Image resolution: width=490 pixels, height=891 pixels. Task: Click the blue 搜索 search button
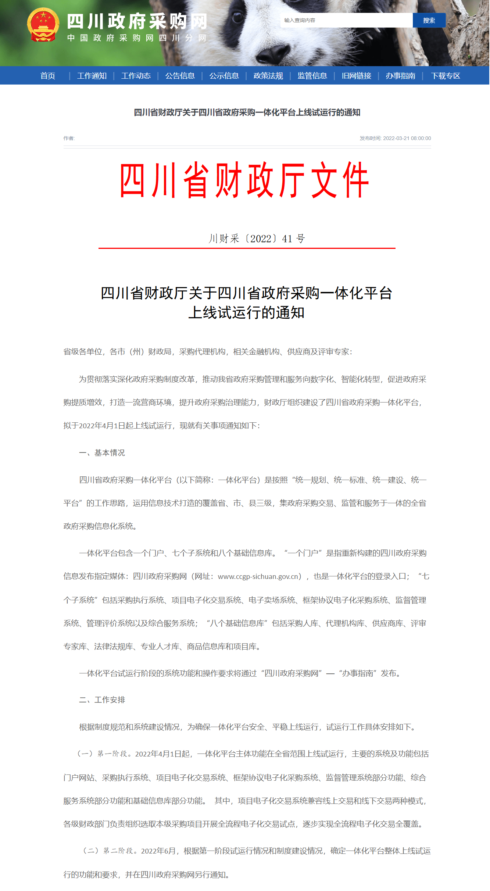point(429,21)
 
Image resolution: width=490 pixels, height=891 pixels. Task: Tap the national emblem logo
point(43,25)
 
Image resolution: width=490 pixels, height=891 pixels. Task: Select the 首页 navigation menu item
point(48,76)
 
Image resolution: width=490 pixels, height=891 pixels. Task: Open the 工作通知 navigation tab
point(92,76)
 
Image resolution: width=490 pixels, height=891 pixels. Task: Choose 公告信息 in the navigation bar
point(180,76)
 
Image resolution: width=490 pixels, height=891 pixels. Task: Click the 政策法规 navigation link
point(268,76)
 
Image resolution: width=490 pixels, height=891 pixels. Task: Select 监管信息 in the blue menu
point(312,76)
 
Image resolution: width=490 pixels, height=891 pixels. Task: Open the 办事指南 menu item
point(400,76)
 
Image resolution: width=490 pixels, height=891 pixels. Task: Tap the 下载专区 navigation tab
point(446,76)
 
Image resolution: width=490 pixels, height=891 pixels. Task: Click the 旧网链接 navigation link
point(356,76)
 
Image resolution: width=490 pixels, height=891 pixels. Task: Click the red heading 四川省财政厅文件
point(244,180)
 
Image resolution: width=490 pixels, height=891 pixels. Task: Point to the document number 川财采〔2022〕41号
point(257,239)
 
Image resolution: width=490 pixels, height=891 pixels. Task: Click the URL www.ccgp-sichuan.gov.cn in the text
point(260,576)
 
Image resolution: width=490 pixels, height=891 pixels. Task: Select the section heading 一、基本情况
point(102,453)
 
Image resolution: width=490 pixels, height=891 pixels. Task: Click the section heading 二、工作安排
point(102,700)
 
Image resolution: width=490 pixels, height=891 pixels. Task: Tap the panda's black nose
point(273,54)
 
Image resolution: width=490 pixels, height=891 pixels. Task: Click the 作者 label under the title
point(69,138)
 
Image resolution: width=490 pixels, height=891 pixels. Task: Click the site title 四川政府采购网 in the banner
point(137,21)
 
